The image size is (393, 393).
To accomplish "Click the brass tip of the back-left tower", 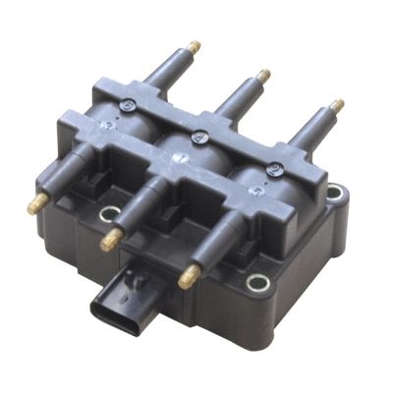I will pyautogui.click(x=194, y=46).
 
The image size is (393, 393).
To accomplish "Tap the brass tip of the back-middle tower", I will pyautogui.click(x=263, y=75).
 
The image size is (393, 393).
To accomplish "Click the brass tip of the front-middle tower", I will pyautogui.click(x=109, y=239).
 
